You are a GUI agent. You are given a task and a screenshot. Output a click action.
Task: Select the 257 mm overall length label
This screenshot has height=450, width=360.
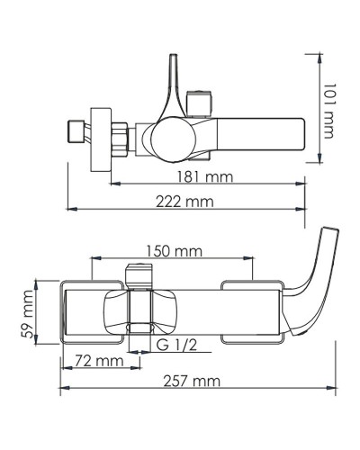coord(192,382)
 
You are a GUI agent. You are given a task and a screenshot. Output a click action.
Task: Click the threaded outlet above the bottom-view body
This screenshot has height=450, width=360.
coord(138,275)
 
